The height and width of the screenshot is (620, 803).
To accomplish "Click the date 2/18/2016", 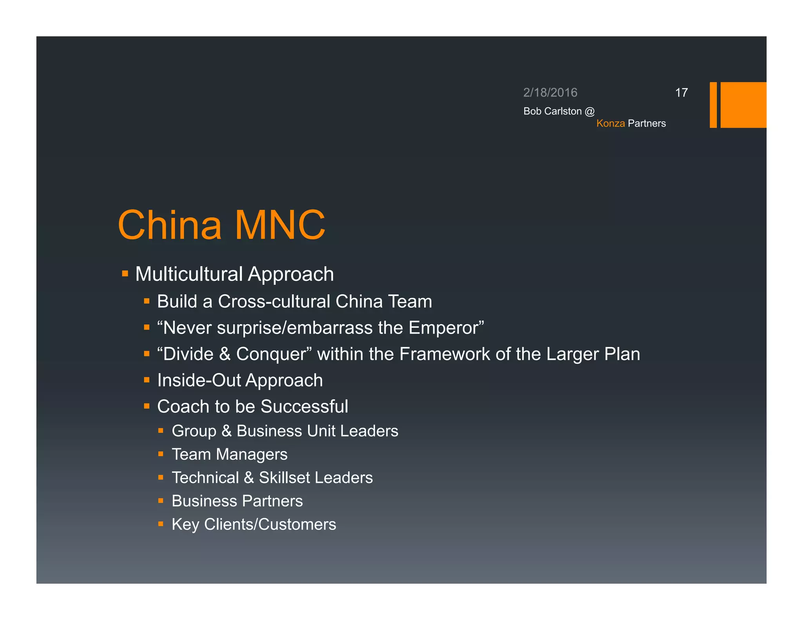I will [550, 92].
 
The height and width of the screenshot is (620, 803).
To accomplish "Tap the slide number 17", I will [681, 92].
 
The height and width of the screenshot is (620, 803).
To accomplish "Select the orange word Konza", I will [610, 123].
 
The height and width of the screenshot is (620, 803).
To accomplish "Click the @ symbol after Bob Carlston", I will [589, 111].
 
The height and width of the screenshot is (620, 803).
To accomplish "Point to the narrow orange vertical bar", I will [713, 105].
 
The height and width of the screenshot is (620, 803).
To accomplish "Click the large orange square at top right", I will [743, 105].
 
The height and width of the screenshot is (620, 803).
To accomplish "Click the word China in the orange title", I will [169, 225].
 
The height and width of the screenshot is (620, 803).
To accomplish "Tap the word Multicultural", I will [189, 274].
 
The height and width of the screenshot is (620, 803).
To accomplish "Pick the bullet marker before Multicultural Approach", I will [125, 274].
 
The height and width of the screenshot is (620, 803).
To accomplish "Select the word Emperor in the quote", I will [443, 328].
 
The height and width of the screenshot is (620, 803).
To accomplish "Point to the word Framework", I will [445, 354].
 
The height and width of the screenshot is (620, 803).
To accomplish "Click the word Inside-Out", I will [199, 380].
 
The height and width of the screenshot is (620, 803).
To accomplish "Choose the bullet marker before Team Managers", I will [161, 454].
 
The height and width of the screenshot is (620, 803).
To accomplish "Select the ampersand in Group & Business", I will [227, 431].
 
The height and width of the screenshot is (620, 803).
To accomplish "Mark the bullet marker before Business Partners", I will [161, 501].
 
